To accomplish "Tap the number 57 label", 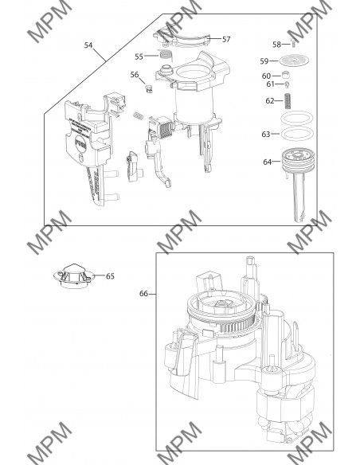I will click(226, 39).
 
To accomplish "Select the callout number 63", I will click(267, 135).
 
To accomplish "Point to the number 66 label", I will click(144, 294).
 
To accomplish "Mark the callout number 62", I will click(269, 100).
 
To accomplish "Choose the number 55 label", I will click(139, 57).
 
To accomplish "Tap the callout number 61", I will click(270, 84).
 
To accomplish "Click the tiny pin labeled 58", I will click(295, 45).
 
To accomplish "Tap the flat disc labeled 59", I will click(295, 61).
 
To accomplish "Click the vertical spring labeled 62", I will click(292, 101).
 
